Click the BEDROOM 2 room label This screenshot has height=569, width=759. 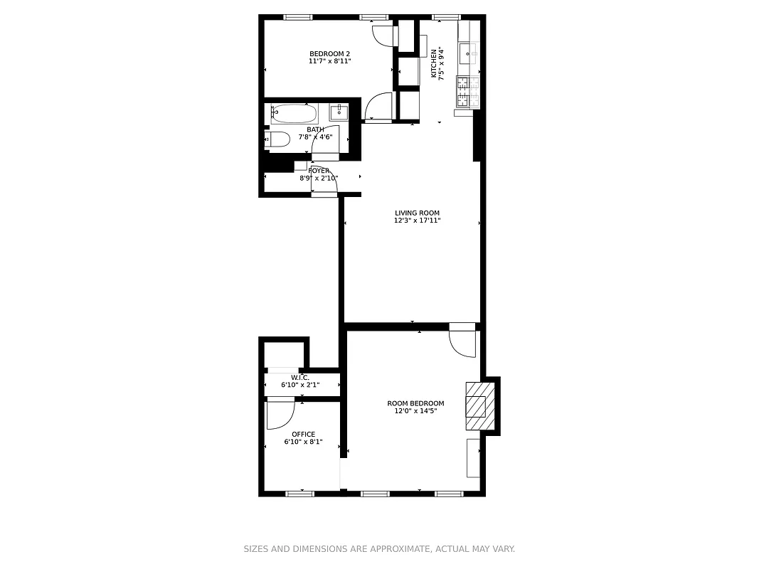[329, 54]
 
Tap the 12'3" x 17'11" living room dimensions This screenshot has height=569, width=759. [418, 220]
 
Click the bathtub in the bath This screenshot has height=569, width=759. [294, 112]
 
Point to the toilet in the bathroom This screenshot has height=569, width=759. [277, 139]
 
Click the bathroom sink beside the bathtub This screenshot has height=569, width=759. [339, 112]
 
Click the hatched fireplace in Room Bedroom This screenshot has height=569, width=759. [476, 406]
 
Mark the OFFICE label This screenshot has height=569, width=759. [303, 435]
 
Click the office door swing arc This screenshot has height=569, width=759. [280, 415]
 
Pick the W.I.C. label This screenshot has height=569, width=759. [300, 377]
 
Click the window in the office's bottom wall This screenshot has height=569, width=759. [299, 493]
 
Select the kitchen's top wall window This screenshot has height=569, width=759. [446, 17]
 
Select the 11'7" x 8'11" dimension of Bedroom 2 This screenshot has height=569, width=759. [329, 61]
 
